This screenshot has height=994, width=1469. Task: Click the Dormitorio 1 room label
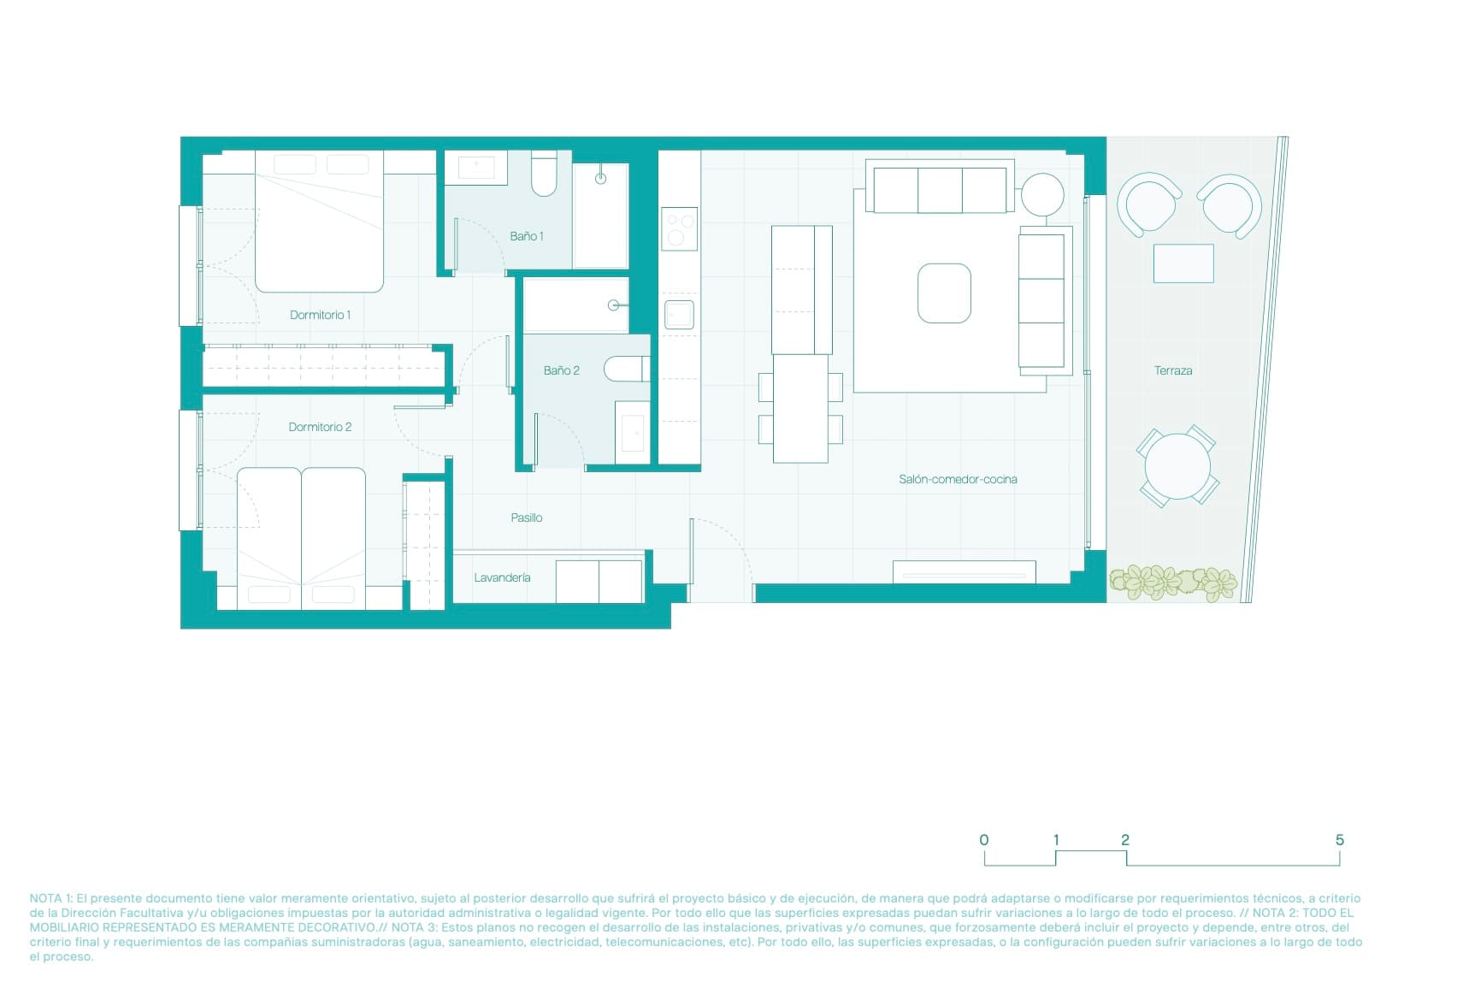[320, 315]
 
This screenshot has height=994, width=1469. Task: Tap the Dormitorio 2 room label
[320, 427]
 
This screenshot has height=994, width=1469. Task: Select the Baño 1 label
[526, 236]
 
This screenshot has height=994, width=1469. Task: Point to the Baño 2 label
[561, 370]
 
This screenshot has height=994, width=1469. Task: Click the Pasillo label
[526, 518]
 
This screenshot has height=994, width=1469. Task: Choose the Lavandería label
[502, 577]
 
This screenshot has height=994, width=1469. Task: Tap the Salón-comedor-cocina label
[957, 479]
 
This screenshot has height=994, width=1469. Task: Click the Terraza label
[1172, 370]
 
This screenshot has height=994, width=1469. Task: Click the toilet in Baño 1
[544, 175]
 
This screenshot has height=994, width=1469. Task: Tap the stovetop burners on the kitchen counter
[679, 229]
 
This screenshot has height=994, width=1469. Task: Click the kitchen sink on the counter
[679, 315]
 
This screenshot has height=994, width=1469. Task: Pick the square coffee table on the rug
[944, 293]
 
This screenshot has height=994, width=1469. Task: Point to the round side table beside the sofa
[1041, 194]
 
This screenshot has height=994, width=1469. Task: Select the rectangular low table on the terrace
[1183, 263]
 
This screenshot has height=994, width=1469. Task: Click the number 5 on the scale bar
[1339, 840]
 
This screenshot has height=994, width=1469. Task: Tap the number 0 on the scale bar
[983, 840]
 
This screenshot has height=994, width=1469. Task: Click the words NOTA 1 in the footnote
[50, 898]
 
